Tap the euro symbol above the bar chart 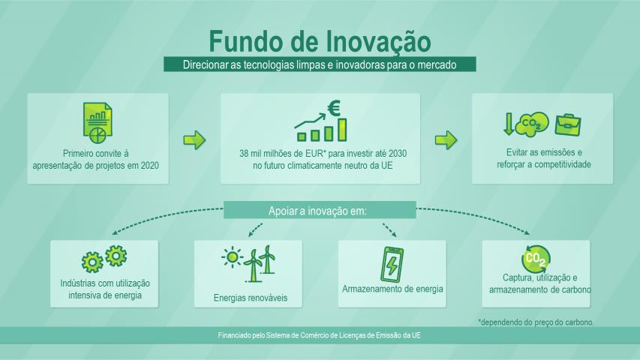click(x=334, y=108)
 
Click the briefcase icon click(x=568, y=125)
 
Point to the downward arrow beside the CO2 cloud click(x=509, y=124)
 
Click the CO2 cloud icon click(x=532, y=124)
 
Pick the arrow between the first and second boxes click(x=194, y=140)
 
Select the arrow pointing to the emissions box click(x=446, y=140)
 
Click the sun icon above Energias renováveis click(x=233, y=257)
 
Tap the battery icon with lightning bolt click(x=392, y=265)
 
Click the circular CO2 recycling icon click(x=536, y=259)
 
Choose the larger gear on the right click(x=116, y=256)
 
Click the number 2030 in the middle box click(x=398, y=154)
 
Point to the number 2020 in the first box click(x=150, y=166)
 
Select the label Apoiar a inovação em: click(x=317, y=211)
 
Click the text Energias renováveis click(x=251, y=298)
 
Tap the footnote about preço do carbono click(x=536, y=322)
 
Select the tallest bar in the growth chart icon click(x=342, y=130)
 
